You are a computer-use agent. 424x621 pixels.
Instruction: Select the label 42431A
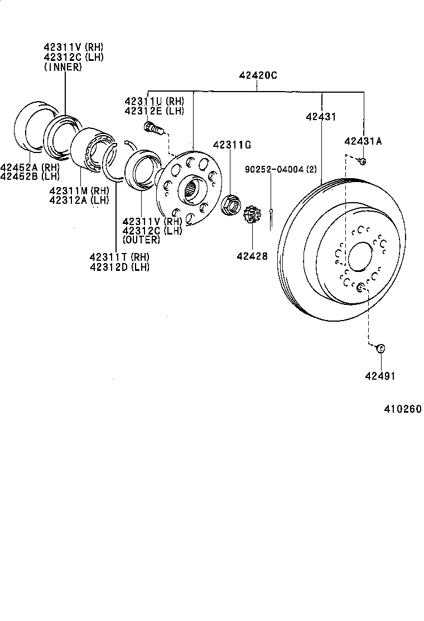point(363,141)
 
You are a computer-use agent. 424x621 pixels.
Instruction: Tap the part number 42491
point(380,376)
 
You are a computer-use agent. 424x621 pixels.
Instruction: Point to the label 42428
point(252,256)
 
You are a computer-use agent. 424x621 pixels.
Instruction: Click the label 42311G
point(232,145)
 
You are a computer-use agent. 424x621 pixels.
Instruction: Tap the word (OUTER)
point(141,240)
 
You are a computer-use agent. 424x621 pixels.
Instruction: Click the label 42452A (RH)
point(22,167)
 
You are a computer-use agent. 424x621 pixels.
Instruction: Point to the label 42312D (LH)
point(119,267)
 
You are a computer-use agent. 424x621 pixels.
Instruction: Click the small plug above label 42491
point(380,348)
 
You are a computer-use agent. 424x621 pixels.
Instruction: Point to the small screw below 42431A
point(362,161)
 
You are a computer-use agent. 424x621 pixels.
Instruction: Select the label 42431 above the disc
point(321,117)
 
